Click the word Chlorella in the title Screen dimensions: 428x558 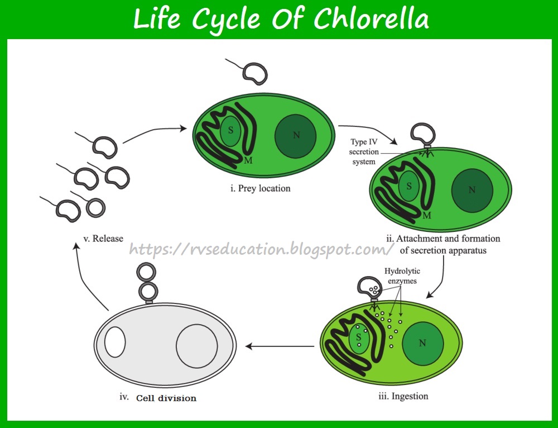372,20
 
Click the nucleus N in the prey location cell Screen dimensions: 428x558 295,135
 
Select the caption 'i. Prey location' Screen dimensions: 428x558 261,188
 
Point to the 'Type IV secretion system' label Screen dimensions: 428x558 364,151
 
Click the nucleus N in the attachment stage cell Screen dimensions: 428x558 472,190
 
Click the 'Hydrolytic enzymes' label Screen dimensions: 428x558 402,276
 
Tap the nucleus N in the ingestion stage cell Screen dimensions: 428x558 422,343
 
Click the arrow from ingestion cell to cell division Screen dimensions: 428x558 279,346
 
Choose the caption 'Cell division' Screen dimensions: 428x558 166,398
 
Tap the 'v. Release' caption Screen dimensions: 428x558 103,239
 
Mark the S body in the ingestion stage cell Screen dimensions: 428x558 359,336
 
